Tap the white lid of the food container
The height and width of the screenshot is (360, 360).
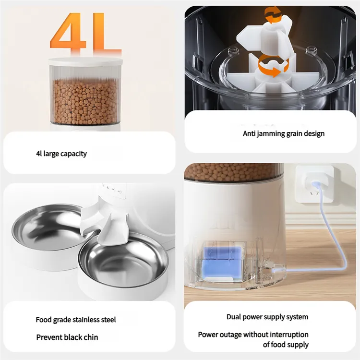point(85,62)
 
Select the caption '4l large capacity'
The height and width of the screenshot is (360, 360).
point(61,154)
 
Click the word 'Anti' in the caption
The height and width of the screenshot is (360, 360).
point(249,133)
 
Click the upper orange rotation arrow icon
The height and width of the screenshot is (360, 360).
point(273,15)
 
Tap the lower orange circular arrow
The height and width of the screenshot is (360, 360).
point(273,66)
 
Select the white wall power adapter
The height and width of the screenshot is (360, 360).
point(314,184)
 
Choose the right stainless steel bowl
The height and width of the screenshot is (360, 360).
point(123,259)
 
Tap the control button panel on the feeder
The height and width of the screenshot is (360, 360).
point(114,190)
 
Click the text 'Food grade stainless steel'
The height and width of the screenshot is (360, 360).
point(76,320)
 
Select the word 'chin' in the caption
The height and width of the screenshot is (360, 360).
point(91,337)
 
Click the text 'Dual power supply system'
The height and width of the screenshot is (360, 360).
point(267,317)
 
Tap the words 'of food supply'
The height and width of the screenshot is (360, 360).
point(286,345)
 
